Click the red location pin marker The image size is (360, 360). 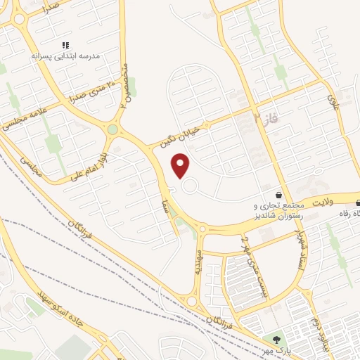[x=181, y=167]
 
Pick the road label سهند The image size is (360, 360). [x=200, y=259]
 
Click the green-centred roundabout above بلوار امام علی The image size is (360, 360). [x=112, y=129]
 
